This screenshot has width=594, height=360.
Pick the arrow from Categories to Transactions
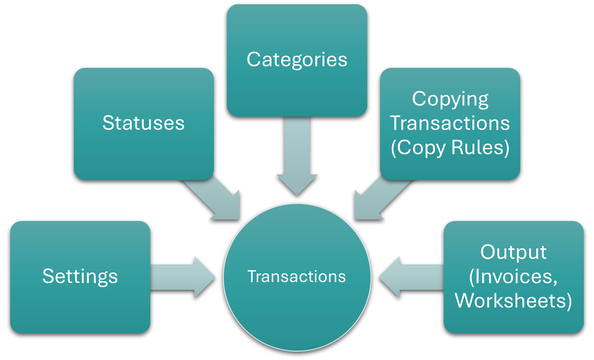[297, 156]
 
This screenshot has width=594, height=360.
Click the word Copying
[450, 99]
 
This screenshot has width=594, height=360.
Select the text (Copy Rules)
[450, 147]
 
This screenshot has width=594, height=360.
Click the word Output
[513, 252]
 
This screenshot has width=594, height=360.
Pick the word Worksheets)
[513, 301]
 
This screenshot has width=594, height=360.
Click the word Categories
[297, 59]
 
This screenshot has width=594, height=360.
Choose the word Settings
[80, 276]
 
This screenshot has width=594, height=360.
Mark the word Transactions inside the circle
[297, 276]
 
